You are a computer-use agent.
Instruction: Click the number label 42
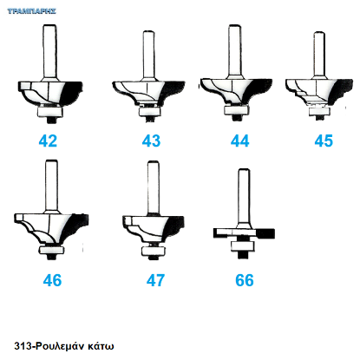(48, 141)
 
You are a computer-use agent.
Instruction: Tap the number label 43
(151, 141)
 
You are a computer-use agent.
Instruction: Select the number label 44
(239, 141)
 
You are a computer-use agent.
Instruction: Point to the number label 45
(324, 141)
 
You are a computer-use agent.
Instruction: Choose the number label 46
(52, 280)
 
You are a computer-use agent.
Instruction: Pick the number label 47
(155, 280)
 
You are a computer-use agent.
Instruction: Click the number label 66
(245, 280)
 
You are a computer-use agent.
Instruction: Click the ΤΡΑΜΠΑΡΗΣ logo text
(31, 11)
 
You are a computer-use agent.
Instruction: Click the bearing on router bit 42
(49, 111)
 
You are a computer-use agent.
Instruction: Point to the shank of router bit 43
(148, 54)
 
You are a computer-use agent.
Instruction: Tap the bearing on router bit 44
(236, 110)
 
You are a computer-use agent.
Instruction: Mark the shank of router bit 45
(319, 54)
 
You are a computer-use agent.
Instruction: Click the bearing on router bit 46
(51, 249)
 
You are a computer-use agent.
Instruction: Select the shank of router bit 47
(153, 187)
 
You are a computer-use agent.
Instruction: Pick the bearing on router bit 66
(243, 246)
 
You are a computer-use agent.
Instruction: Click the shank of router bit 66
(244, 197)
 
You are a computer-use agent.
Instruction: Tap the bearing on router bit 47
(154, 251)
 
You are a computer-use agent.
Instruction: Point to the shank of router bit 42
(49, 51)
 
